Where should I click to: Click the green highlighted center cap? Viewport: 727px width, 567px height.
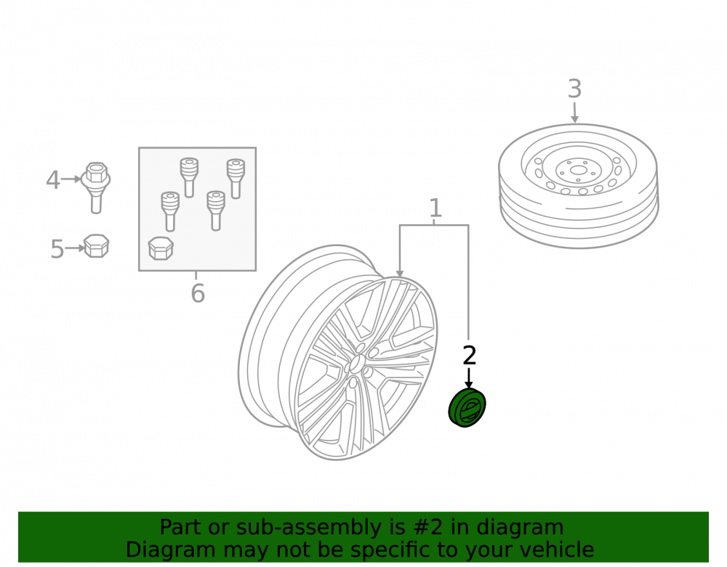[x=467, y=408]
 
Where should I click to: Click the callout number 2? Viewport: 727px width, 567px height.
[x=469, y=356]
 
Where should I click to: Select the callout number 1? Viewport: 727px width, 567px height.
[x=435, y=208]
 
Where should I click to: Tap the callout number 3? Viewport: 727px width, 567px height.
[x=574, y=89]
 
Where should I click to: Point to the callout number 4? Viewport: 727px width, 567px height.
[x=53, y=180]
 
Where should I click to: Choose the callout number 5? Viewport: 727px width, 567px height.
[x=57, y=249]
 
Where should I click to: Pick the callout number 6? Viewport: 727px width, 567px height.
[x=198, y=293]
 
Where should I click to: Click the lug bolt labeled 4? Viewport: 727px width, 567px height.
[x=96, y=187]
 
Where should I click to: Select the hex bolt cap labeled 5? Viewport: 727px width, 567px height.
[x=97, y=246]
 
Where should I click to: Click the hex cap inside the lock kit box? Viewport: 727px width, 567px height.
[x=161, y=248]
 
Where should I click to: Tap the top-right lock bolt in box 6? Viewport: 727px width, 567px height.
[x=236, y=179]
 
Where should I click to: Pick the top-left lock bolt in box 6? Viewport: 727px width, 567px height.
[x=189, y=178]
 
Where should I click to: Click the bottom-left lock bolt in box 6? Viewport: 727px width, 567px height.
[x=170, y=211]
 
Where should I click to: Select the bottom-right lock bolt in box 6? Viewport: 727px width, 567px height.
[x=216, y=211]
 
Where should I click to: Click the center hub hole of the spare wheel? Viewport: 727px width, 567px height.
[x=578, y=171]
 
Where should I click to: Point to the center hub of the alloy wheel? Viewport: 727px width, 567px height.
[x=356, y=363]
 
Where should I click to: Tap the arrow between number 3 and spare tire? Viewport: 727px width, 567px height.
[x=574, y=113]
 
